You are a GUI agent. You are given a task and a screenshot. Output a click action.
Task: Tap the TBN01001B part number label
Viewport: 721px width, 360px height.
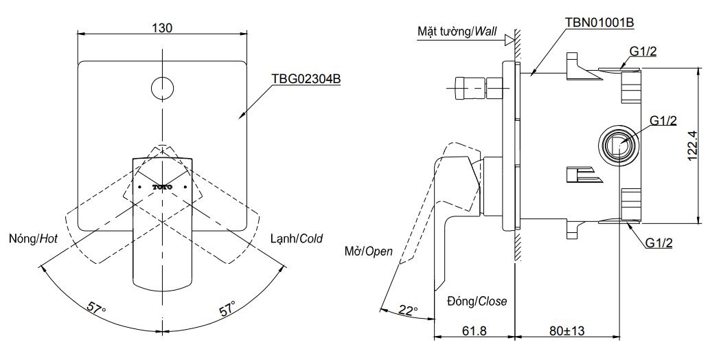(x=599, y=22)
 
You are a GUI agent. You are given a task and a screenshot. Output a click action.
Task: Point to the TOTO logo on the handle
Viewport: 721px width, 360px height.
(x=163, y=186)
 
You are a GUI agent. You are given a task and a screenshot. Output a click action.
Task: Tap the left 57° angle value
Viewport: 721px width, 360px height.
(x=95, y=307)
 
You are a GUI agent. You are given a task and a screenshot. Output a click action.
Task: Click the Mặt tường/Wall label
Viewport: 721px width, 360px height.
(x=456, y=32)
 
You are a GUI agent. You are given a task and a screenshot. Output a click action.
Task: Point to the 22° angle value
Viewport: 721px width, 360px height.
(x=408, y=311)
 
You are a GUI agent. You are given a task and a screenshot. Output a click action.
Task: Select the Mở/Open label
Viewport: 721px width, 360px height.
(x=369, y=251)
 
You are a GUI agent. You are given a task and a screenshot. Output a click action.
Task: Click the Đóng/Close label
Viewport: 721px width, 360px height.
(x=476, y=301)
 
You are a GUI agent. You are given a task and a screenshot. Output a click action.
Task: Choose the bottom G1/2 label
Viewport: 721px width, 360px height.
(x=660, y=242)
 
